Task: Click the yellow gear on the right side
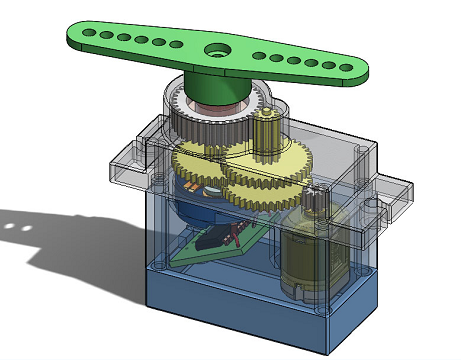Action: click(270, 180)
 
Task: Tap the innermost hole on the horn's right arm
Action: click(263, 56)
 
